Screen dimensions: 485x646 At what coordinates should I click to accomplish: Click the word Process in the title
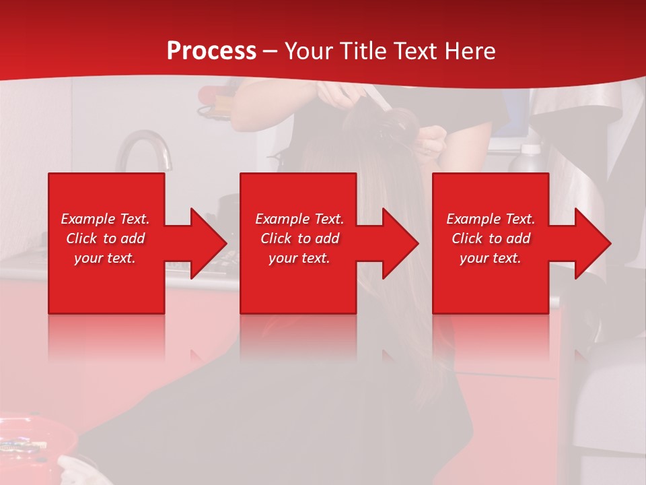(211, 51)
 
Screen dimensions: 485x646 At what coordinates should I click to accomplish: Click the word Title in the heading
(365, 51)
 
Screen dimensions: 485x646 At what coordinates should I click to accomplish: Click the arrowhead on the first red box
(209, 243)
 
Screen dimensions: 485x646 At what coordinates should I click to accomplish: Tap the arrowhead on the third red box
(593, 243)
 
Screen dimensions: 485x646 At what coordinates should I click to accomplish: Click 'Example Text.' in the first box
(106, 219)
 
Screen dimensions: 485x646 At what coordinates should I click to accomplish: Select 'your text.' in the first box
(106, 258)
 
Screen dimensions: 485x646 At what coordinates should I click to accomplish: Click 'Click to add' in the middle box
(299, 238)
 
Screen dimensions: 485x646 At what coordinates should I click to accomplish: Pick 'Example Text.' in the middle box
(299, 219)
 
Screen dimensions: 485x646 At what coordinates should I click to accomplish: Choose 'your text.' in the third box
(491, 258)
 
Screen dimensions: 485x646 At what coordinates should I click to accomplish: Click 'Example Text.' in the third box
(491, 219)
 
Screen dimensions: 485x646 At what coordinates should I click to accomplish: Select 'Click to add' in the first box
(106, 238)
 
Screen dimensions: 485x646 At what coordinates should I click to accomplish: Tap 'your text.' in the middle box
(299, 258)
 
